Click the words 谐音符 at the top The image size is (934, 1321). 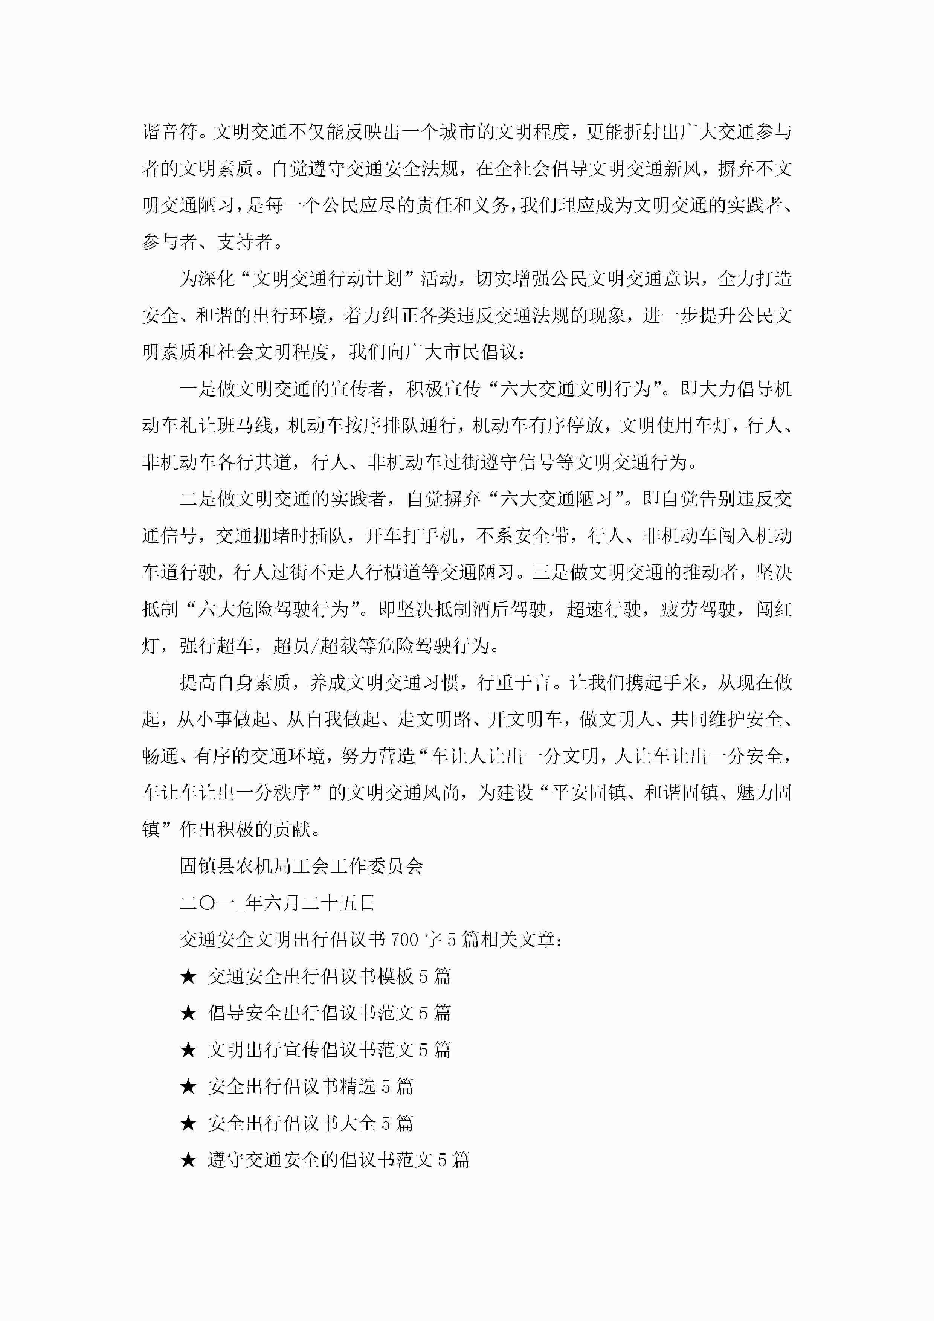(x=170, y=132)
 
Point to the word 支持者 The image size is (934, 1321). (x=244, y=242)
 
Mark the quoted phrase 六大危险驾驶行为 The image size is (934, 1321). (x=273, y=609)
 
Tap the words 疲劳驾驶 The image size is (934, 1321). (x=698, y=609)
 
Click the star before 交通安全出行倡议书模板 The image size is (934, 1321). (x=188, y=976)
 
